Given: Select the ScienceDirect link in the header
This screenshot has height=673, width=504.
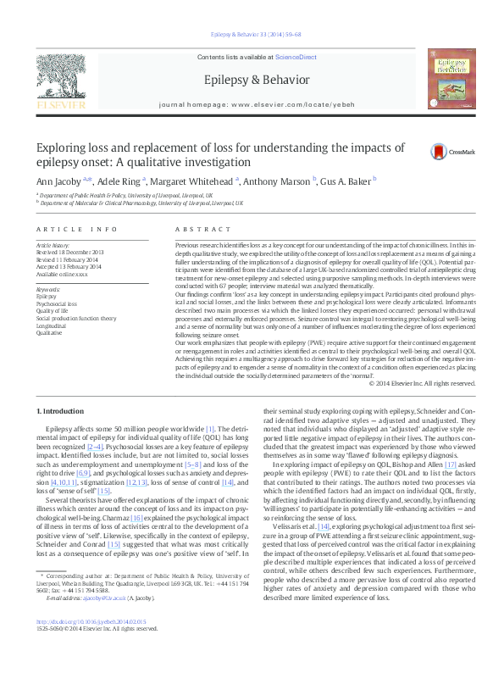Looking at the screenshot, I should click(x=296, y=56).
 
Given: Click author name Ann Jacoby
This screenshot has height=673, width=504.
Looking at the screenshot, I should click(x=57, y=180).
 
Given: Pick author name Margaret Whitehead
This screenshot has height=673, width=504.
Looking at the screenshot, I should click(x=193, y=180).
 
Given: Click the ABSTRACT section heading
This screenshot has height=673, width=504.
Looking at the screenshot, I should click(x=196, y=230).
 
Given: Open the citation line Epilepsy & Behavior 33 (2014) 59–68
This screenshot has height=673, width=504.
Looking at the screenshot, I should click(x=252, y=35).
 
